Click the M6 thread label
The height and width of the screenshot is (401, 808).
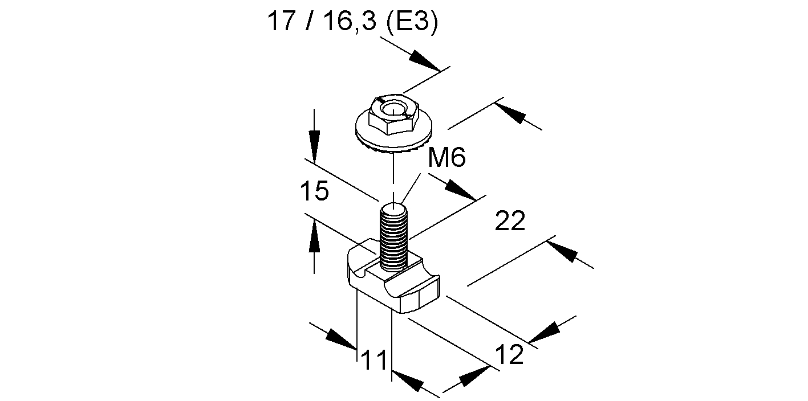[446, 157]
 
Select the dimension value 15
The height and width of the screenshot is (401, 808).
[315, 191]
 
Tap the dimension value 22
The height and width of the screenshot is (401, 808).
[510, 220]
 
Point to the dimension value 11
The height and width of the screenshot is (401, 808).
[374, 360]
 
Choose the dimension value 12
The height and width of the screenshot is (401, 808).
[509, 354]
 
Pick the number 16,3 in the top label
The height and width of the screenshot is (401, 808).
[350, 22]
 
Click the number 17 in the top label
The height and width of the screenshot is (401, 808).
[281, 21]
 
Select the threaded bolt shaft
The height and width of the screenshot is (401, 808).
[393, 239]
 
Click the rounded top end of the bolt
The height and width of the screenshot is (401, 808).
[393, 209]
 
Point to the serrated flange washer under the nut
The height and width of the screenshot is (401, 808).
[393, 139]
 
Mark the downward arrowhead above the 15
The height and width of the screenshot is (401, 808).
[314, 149]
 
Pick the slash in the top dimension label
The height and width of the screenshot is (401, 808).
[309, 21]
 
